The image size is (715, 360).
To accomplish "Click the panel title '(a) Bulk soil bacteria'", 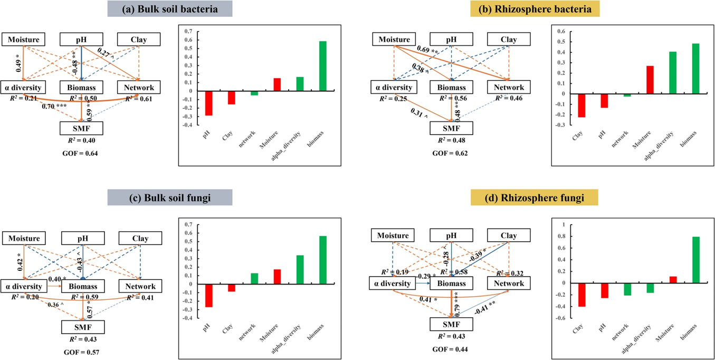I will tap(170, 9).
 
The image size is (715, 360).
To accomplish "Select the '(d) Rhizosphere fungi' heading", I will tap(534, 198).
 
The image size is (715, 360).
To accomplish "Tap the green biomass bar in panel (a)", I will tap(322, 66).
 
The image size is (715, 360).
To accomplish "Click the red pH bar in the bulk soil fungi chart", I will tap(208, 296).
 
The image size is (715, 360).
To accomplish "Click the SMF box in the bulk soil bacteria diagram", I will tap(81, 128).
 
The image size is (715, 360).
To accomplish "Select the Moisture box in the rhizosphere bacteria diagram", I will tap(394, 40).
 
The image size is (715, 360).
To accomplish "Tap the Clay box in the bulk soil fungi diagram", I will tap(140, 239).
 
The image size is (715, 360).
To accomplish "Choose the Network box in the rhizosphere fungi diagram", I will tap(509, 283).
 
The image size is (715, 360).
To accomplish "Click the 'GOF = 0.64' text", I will tap(81, 153).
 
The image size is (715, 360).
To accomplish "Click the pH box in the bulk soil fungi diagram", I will tap(82, 239).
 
